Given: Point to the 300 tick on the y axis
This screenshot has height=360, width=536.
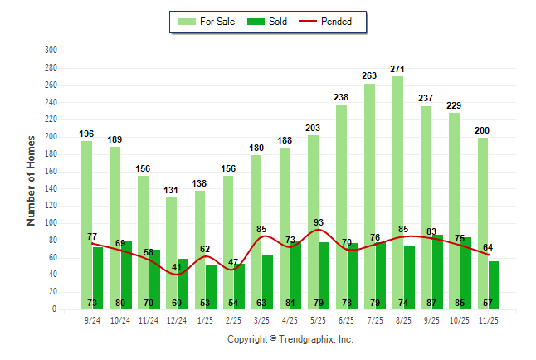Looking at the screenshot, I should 51,51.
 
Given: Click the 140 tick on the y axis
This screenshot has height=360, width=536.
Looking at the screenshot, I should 51,188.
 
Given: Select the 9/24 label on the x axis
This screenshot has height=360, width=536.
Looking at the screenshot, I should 91,319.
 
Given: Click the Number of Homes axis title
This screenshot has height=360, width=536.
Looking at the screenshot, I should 32,180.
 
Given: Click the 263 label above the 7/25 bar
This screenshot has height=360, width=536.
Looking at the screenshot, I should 369,75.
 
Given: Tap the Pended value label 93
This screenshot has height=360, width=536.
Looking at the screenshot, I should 318,222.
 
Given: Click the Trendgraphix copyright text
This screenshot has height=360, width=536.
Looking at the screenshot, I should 290,339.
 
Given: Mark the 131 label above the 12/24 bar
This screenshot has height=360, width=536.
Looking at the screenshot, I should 171,190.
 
